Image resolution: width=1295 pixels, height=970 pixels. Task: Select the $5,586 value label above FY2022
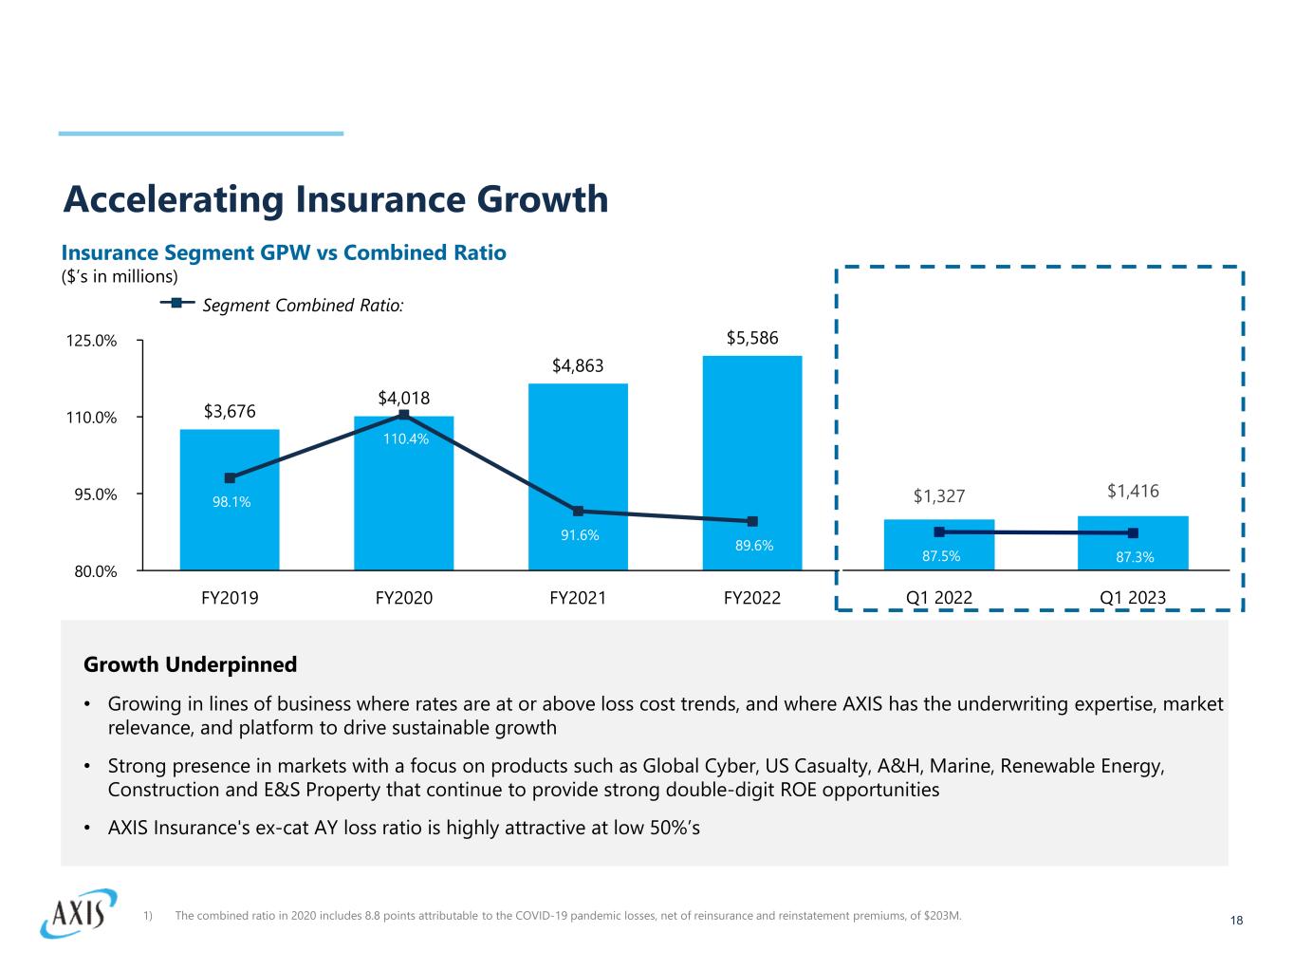[752, 338]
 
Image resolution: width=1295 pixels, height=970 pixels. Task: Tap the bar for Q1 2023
[1133, 543]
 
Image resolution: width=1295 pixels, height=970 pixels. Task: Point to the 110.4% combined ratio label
[406, 439]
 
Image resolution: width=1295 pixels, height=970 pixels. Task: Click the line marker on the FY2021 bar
[578, 511]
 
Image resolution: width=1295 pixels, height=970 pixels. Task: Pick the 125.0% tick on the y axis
[94, 341]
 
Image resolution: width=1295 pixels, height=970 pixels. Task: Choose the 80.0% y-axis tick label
[94, 571]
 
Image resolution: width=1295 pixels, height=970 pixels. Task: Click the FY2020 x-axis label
[404, 598]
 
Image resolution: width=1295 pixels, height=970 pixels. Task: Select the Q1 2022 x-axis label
[939, 598]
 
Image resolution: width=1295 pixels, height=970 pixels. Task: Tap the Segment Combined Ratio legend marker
[177, 304]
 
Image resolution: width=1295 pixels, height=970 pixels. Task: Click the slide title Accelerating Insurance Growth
[335, 199]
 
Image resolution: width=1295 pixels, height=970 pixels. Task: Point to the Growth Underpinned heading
[191, 664]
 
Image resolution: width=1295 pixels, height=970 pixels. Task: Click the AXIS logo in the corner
[78, 913]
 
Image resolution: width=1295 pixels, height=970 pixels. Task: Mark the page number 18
[1235, 921]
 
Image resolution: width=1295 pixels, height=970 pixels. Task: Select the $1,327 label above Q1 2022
[939, 495]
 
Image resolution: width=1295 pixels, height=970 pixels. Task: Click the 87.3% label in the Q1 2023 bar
[1135, 558]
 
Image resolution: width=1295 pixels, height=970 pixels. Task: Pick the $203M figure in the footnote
[945, 916]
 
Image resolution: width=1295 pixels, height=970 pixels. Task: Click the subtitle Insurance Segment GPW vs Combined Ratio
[284, 252]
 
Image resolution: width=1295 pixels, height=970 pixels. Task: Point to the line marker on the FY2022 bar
[752, 521]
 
